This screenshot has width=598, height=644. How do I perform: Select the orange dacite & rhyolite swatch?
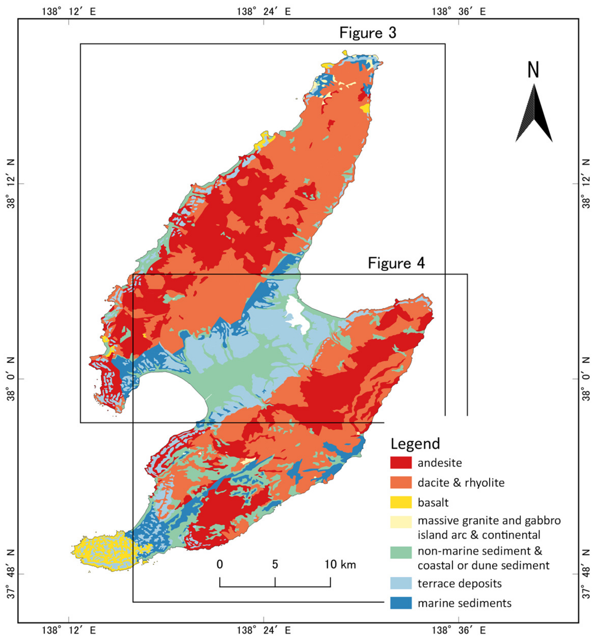[x=400, y=482]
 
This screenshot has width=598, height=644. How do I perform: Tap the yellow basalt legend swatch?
[x=400, y=502]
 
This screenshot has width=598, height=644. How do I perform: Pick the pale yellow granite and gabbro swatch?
[x=400, y=522]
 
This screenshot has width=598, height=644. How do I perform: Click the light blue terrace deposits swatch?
[x=400, y=583]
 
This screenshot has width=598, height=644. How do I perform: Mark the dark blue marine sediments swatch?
[x=400, y=603]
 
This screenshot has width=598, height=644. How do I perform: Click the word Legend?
[x=415, y=444]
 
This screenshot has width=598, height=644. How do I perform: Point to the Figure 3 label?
[x=368, y=33]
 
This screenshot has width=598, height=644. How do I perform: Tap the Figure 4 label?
[x=396, y=263]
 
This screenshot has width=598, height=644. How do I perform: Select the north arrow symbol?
[x=534, y=113]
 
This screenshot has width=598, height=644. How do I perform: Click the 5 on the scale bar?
[x=275, y=564]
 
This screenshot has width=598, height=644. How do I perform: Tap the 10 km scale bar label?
[x=340, y=564]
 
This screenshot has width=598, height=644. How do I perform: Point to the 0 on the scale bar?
[x=220, y=564]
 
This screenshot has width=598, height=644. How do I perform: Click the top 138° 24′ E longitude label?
[x=263, y=12]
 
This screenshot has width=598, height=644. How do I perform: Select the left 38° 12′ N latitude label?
[x=11, y=184]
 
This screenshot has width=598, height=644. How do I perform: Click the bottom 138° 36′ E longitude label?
[x=459, y=630]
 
